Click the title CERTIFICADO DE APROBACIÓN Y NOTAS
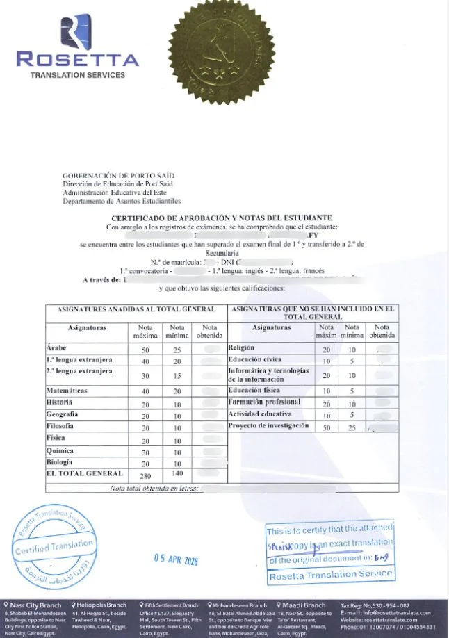coord(222,218)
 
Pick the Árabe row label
coord(56,347)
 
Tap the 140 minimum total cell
coord(177,473)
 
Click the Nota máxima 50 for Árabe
coord(145,349)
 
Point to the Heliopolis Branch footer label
coord(101,605)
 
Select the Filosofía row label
coord(60,425)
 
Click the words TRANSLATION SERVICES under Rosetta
coord(77,75)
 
